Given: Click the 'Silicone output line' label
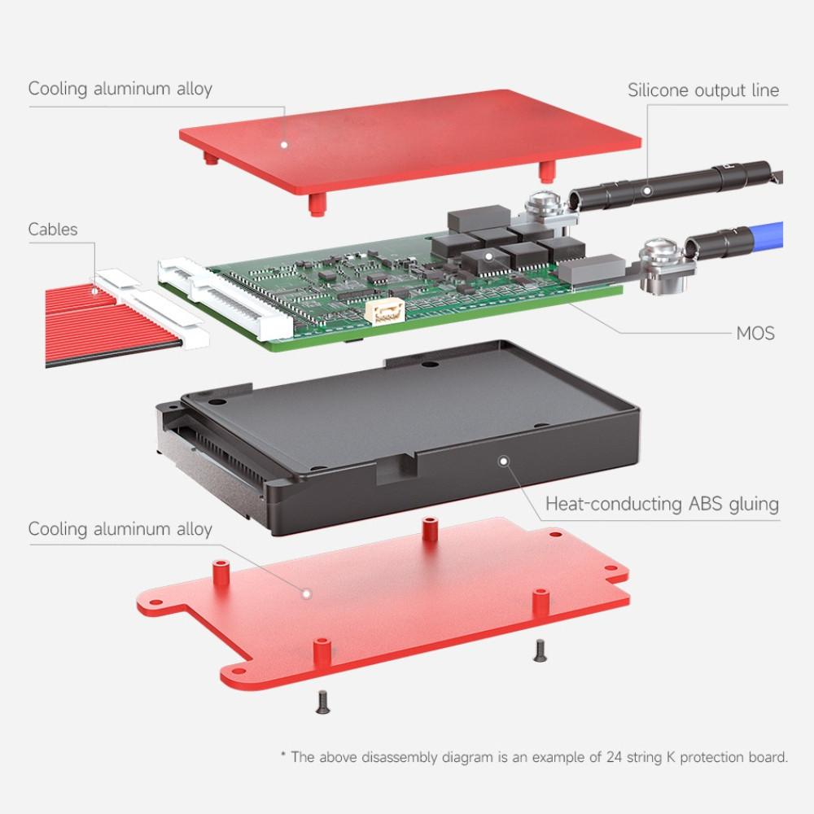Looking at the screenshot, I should (x=702, y=90).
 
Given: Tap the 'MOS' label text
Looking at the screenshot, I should (x=755, y=333).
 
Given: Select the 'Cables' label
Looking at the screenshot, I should (x=53, y=230).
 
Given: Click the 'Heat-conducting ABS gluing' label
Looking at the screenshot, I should (x=662, y=504).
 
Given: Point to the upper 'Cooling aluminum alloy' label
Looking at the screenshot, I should (x=120, y=89).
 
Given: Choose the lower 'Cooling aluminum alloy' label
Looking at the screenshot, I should (x=120, y=529).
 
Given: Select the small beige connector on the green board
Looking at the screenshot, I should (x=388, y=313).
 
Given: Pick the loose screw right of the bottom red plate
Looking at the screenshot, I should (x=537, y=649).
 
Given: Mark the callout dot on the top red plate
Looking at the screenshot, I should (x=285, y=145).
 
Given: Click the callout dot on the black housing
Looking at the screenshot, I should (x=503, y=461).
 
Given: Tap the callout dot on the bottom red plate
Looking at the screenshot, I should (x=306, y=593).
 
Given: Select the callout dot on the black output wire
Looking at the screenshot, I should (x=646, y=191).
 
